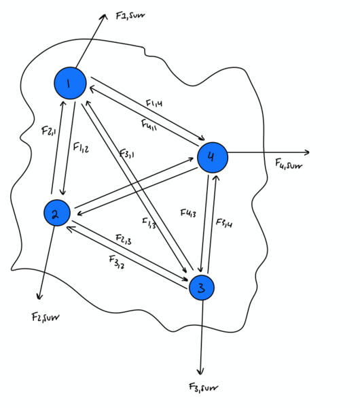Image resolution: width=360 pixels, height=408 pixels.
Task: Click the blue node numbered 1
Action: coord(69,83)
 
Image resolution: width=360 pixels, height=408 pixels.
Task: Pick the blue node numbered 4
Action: coord(213,157)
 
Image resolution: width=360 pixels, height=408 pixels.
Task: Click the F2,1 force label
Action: coord(48,129)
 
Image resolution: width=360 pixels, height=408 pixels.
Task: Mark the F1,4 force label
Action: coord(154,103)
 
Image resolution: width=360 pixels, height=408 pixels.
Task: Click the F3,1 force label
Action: coord(126,155)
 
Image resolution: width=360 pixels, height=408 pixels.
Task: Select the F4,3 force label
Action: coord(190,214)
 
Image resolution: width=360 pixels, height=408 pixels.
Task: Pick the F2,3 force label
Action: coord(124,239)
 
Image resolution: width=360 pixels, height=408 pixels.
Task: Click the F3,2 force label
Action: coord(115,261)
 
